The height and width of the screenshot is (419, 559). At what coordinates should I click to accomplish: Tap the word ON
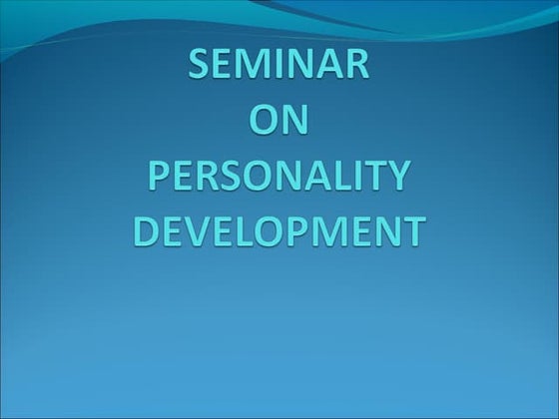point(279,123)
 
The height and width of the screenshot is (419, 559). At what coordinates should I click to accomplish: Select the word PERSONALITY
point(279,178)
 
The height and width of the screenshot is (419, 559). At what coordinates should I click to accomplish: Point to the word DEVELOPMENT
point(279,231)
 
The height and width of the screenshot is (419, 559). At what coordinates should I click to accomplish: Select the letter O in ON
point(262,123)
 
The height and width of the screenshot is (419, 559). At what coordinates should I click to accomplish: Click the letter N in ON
point(298,123)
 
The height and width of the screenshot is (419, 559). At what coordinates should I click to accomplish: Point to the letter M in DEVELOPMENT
point(329,231)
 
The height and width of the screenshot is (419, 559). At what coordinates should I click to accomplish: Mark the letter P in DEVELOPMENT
point(298,231)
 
